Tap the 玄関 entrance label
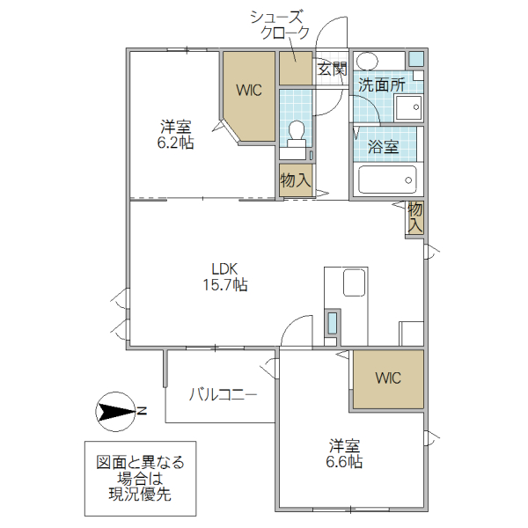pos(332,70)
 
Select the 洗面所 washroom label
pos(381,85)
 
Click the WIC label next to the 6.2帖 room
pos(248,89)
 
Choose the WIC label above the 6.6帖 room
pos(388,378)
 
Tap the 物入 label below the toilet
pos(295,180)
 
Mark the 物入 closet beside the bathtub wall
pos(415,217)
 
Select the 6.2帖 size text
pos(175,143)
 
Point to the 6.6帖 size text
pos(345,461)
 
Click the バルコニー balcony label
pos(223,394)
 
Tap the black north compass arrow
pos(114,410)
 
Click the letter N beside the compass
pos(142,410)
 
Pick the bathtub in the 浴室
pos(387,181)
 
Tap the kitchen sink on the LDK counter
pos(354,284)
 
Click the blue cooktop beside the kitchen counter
pos(332,323)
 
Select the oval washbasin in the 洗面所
pos(368,61)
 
